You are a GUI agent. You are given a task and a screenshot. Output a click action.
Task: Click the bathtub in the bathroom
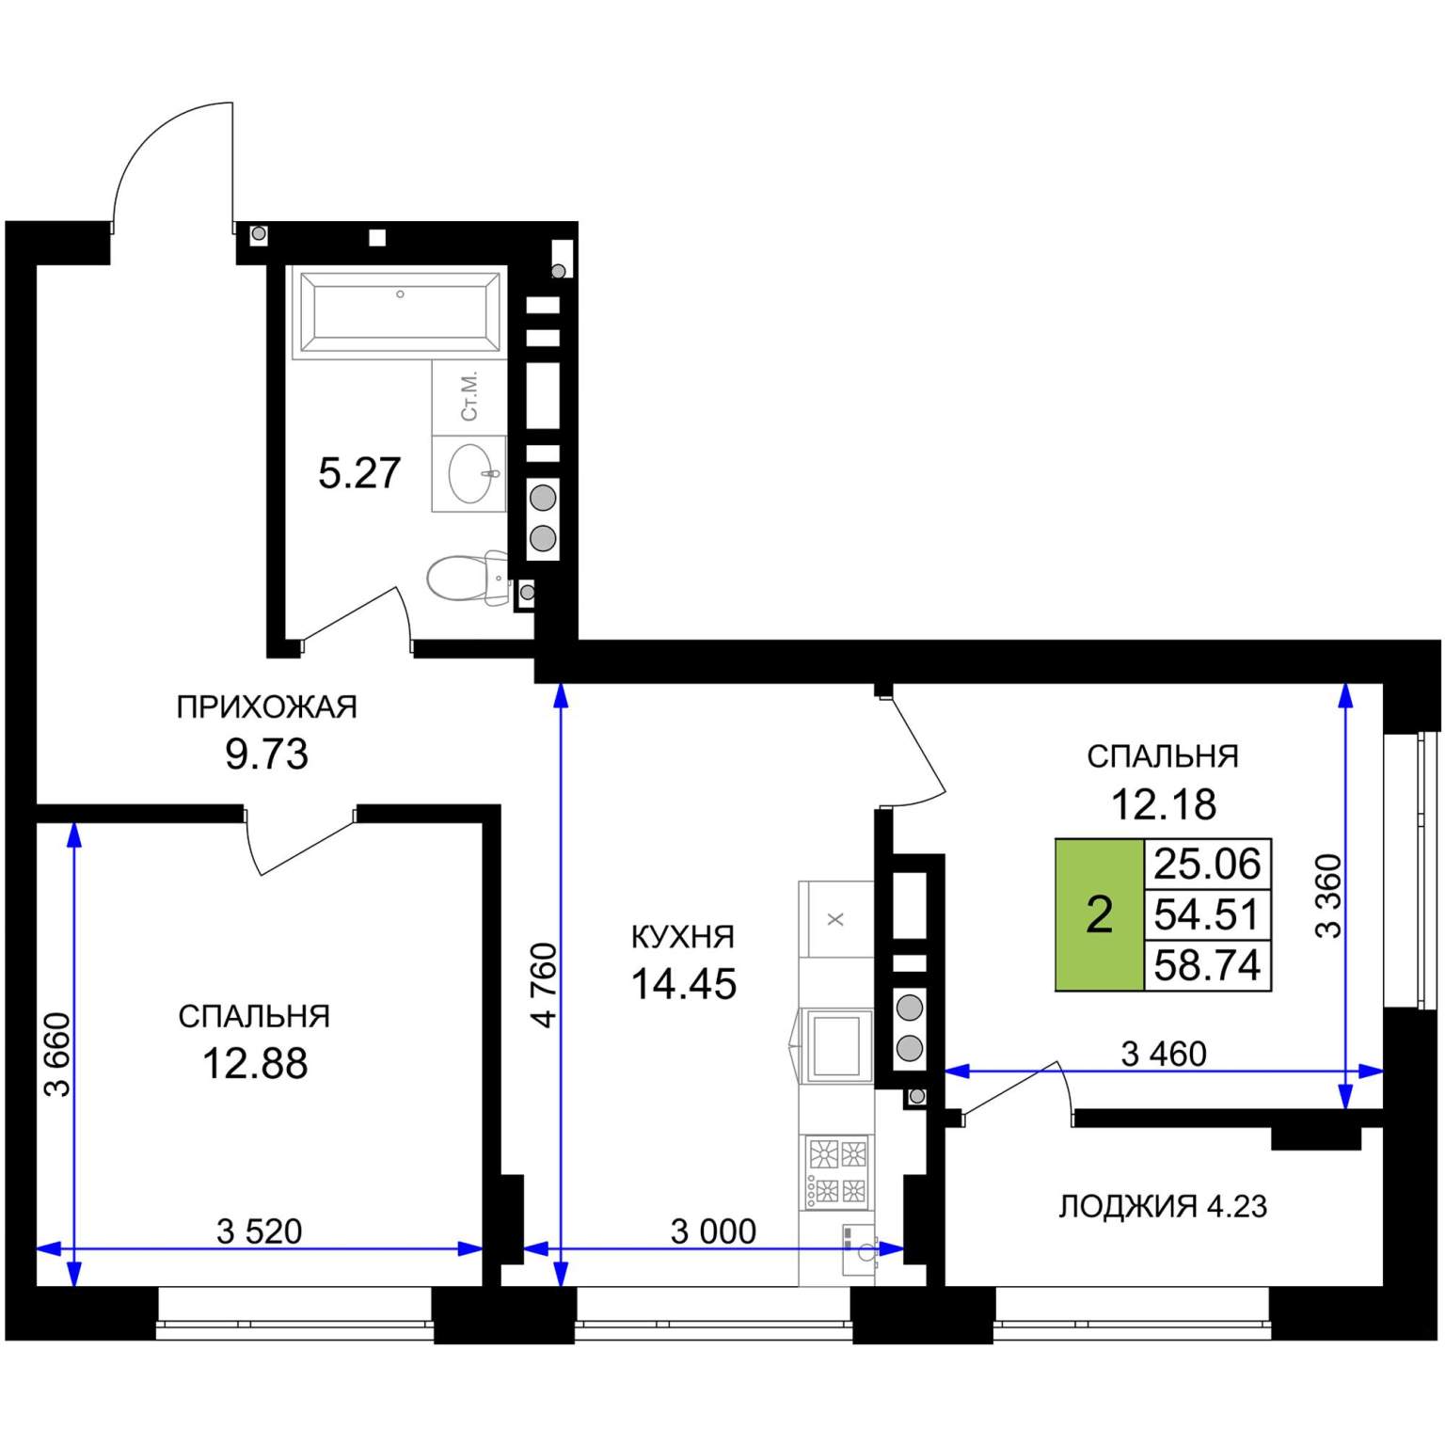399,311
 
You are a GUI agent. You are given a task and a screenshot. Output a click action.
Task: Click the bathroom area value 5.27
359,472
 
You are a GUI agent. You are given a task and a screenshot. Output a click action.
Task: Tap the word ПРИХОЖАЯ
267,707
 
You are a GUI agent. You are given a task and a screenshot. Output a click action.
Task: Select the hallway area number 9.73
267,754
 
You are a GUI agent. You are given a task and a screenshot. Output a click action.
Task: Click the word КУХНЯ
682,936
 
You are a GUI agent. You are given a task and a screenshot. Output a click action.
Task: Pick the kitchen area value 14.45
684,984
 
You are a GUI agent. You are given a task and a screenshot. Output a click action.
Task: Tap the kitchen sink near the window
859,1249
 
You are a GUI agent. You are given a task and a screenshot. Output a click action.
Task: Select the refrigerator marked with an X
835,919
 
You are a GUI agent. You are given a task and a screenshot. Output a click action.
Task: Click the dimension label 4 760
546,984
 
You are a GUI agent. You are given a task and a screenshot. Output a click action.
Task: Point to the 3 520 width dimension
260,1231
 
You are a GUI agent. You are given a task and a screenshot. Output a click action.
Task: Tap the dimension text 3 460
1164,1054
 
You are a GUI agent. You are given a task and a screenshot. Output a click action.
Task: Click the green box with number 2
1100,914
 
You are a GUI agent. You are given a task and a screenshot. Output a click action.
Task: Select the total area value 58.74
1207,965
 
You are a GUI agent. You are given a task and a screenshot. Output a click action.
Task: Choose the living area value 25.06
1207,864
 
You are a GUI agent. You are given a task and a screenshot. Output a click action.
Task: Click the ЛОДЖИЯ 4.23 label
1163,1206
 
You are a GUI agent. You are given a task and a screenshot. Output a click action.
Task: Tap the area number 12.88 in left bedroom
255,1063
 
